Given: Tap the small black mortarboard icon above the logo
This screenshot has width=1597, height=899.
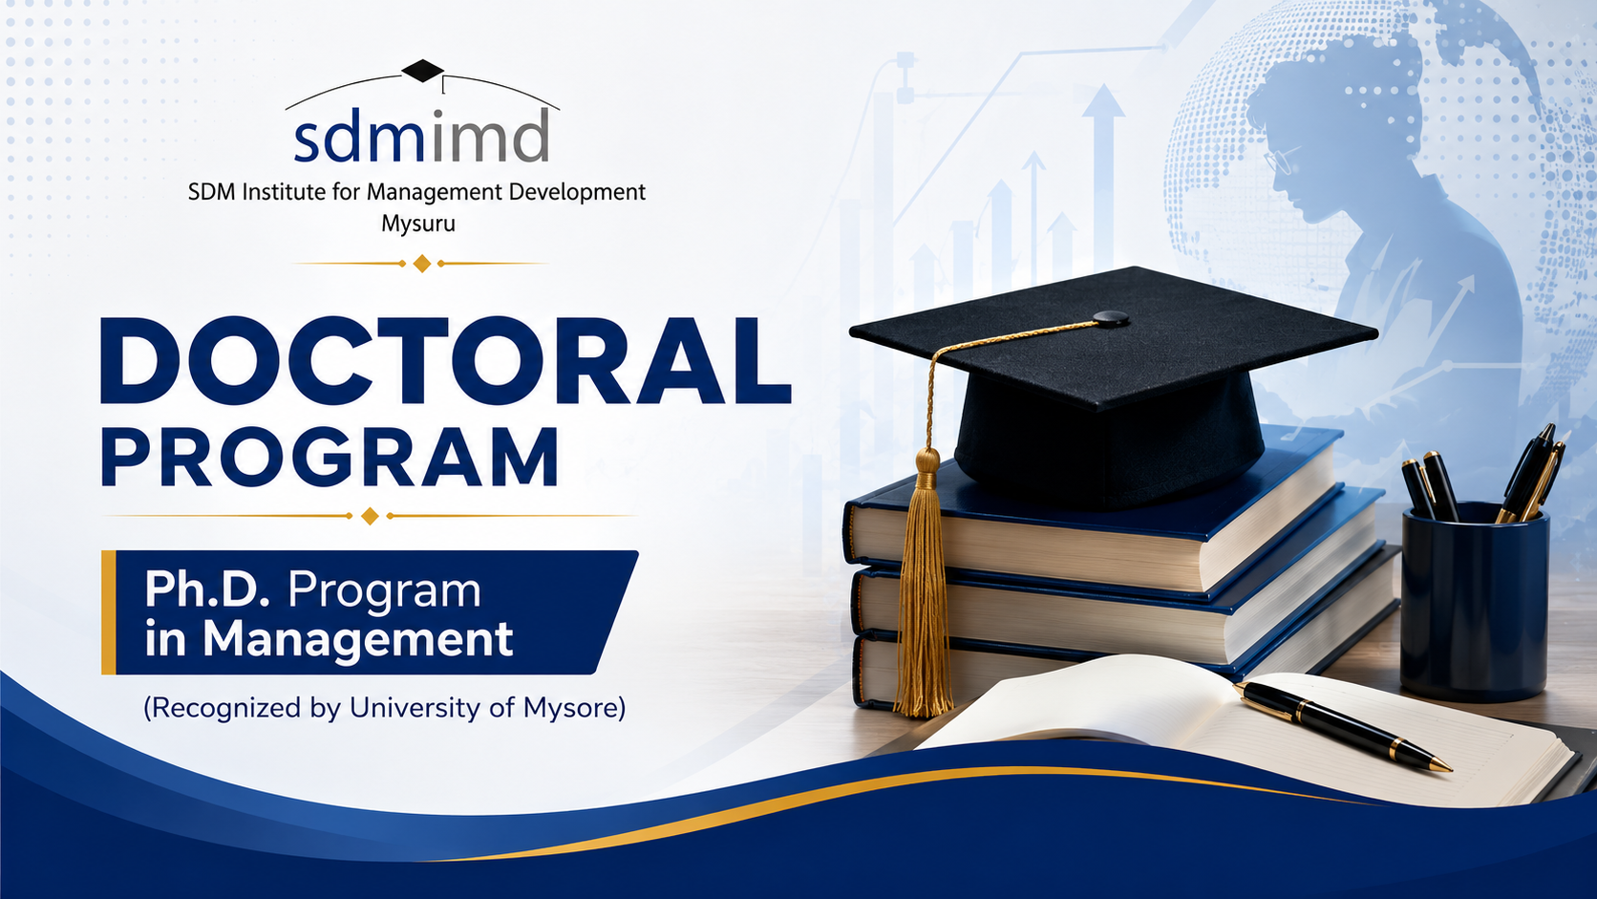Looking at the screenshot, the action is coord(423,71).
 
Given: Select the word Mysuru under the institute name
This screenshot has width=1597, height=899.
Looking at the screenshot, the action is coord(417,224).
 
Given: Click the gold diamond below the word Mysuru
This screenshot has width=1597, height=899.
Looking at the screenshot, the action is coord(422,263).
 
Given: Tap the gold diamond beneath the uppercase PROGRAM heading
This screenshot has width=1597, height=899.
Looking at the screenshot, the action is coord(370,516).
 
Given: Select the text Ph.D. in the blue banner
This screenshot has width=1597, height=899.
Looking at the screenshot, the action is coord(206,590).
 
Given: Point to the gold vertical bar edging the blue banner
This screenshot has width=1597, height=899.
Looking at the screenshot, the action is coord(108,612).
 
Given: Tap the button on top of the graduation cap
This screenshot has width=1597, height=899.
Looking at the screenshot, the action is coord(1111,318).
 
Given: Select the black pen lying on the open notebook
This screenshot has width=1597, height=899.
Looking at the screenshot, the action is coord(1343,726).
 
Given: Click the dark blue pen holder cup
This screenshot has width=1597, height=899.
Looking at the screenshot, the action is coord(1474,602).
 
